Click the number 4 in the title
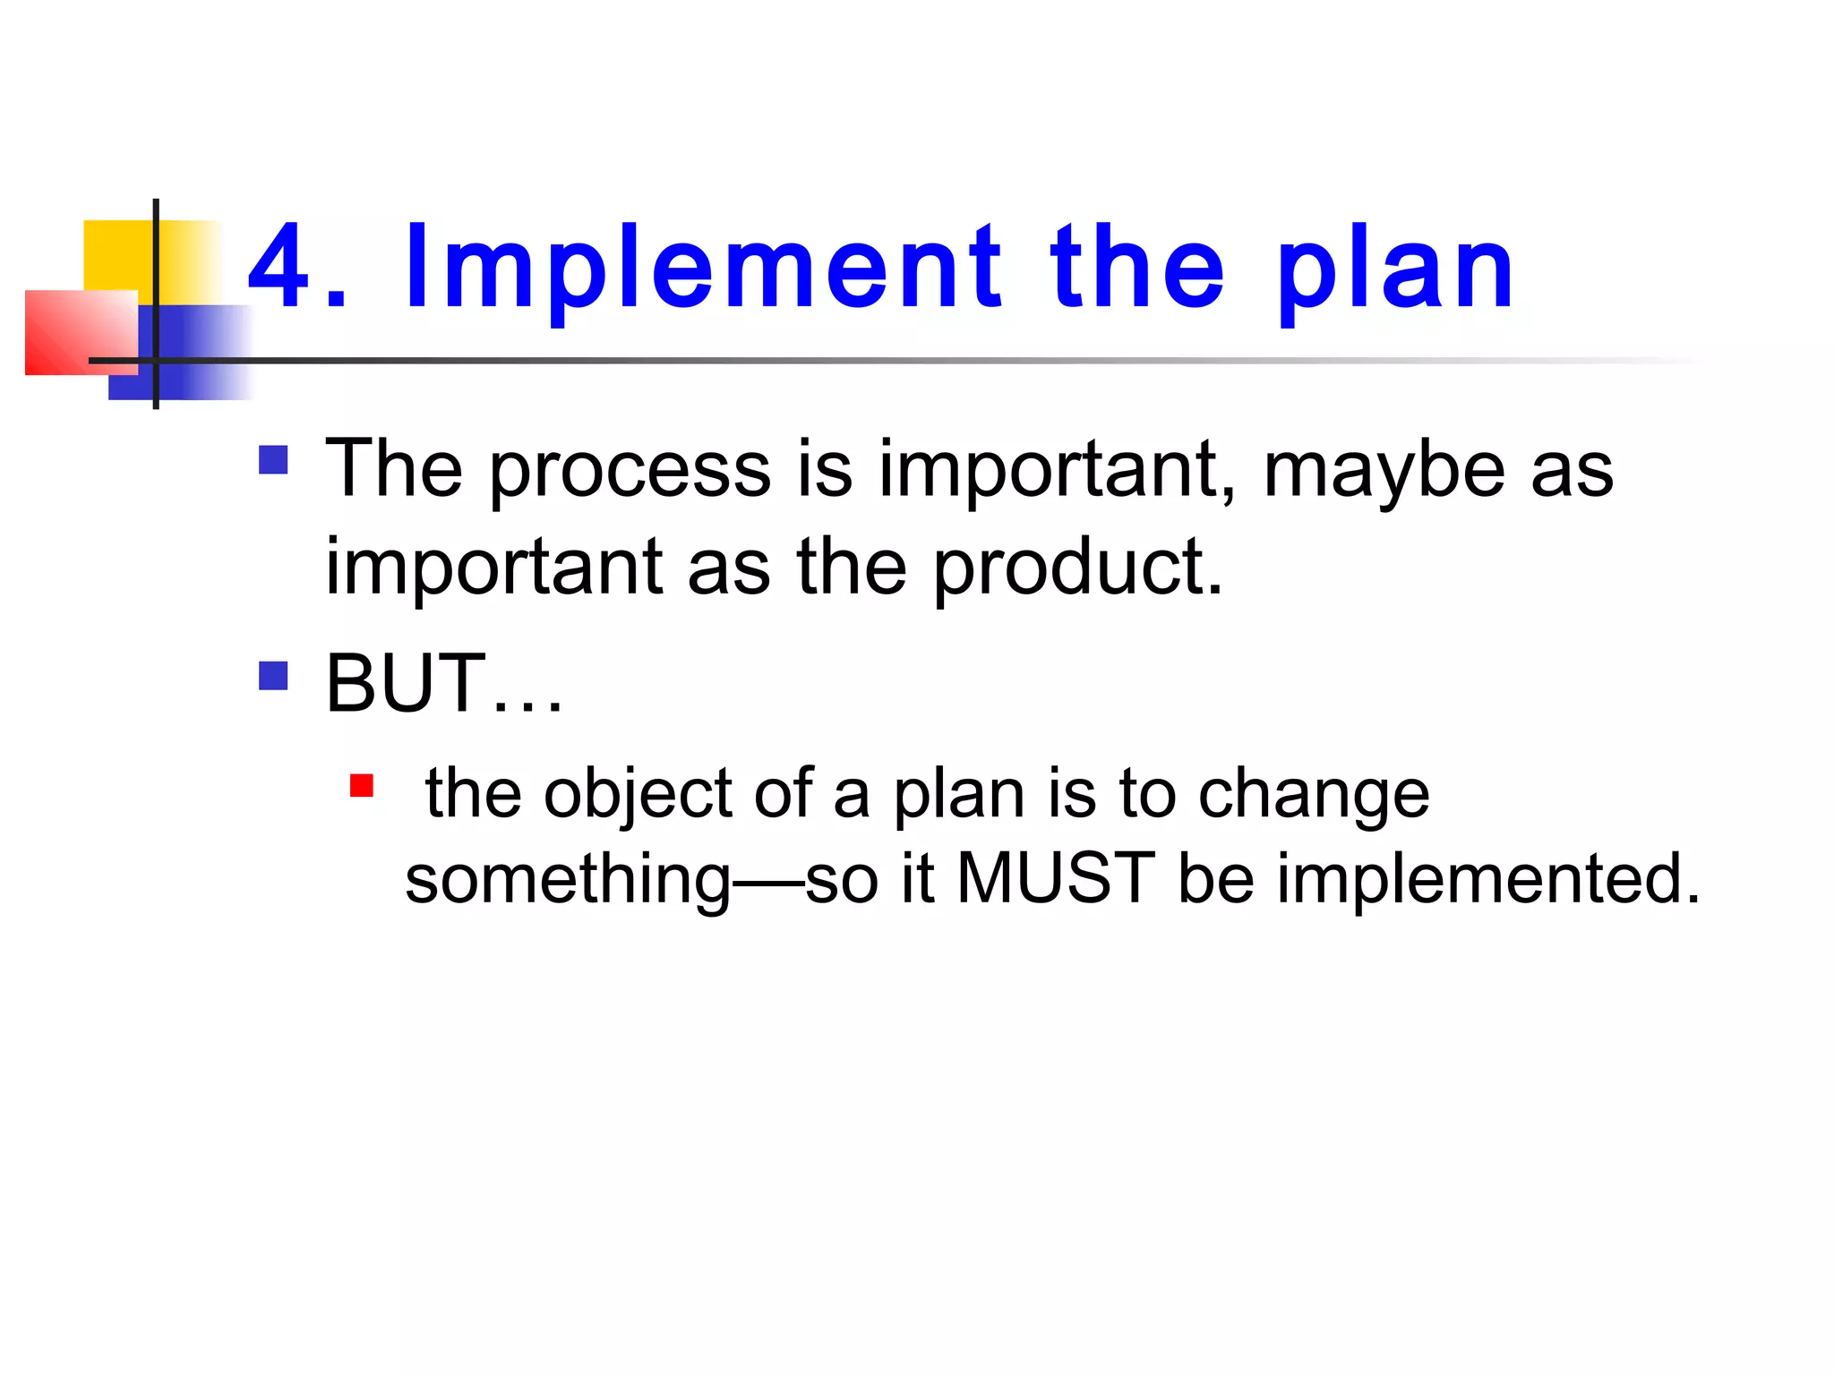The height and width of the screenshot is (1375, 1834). click(x=279, y=267)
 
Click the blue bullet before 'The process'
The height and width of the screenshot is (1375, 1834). click(x=273, y=460)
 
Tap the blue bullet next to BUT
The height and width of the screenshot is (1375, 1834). click(x=273, y=676)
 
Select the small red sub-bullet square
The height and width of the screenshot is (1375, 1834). click(x=361, y=786)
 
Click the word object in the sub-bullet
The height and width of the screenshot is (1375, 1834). click(x=638, y=795)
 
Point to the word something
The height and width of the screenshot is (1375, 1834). click(x=568, y=879)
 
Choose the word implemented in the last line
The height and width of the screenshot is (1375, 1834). click(x=1487, y=879)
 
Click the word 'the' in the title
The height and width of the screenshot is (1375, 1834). click(x=1137, y=267)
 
